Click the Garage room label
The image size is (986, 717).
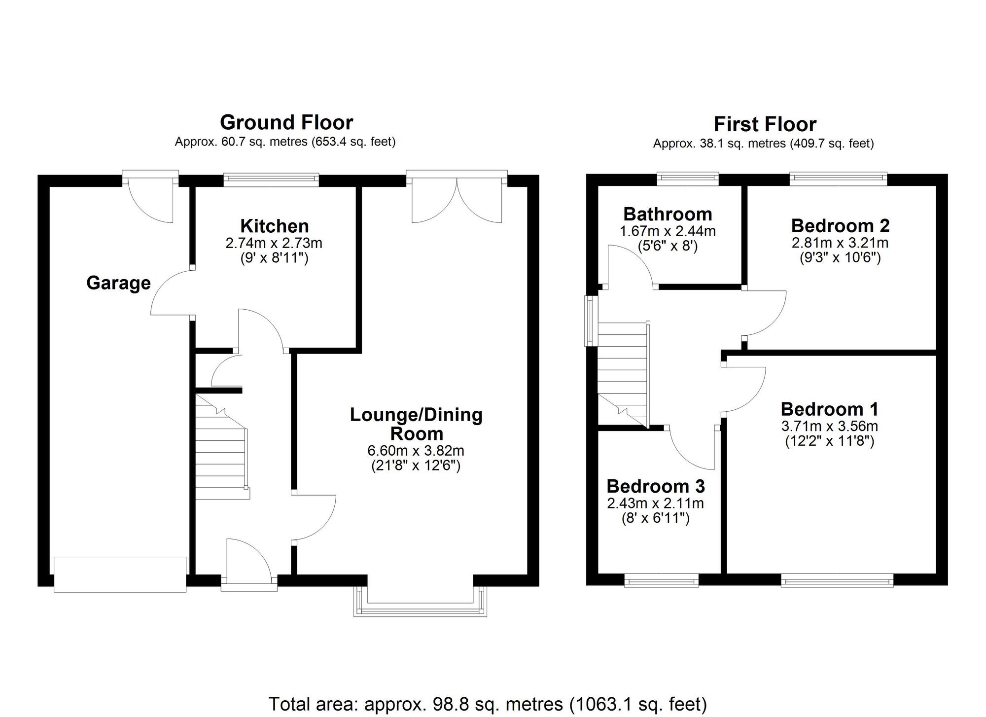pos(118,283)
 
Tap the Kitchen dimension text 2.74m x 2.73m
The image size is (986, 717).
pos(274,243)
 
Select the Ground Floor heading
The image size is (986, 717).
pos(286,122)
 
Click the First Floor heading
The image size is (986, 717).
pos(765,124)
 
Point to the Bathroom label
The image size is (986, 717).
pos(668,214)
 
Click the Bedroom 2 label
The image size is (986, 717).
pos(840,225)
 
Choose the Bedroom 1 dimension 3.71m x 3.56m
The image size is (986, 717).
pos(829,426)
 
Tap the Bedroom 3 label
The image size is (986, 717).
pos(655,486)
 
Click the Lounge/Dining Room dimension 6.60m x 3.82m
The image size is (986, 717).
pos(416,451)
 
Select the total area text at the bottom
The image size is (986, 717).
pos(487,704)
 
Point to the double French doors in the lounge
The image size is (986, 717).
pos(457,197)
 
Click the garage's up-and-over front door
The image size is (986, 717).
pos(120,574)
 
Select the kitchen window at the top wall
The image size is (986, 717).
pos(271,179)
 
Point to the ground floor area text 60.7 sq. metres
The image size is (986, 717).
pos(285,142)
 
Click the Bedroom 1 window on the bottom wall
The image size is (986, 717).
pos(837,580)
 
